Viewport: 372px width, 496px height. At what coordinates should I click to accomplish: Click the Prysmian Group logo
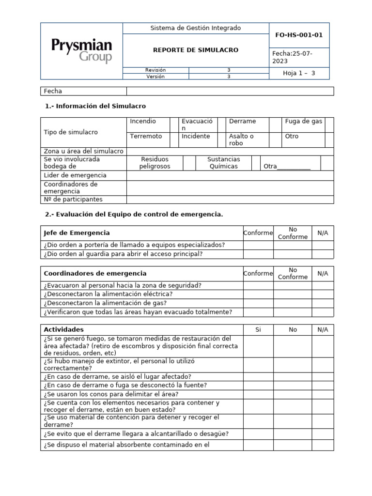[81, 51]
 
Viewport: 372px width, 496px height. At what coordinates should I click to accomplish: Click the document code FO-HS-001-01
[299, 35]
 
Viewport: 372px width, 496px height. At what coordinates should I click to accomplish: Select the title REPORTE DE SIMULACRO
[196, 50]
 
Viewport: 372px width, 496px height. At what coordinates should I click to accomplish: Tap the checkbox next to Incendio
[173, 124]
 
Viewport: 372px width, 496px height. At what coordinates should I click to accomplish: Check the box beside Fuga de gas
[329, 124]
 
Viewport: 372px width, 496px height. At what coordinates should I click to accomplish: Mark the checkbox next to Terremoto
[173, 139]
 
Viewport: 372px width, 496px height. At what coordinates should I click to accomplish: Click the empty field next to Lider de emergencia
[230, 175]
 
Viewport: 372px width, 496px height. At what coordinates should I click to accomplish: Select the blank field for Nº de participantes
[230, 200]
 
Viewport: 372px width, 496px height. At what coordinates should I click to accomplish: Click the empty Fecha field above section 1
[230, 91]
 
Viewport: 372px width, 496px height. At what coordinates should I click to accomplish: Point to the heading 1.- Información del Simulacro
[95, 106]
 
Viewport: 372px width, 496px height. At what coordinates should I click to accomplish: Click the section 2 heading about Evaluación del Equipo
[134, 214]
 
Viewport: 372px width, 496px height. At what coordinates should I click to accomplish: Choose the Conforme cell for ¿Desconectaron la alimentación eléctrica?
[258, 294]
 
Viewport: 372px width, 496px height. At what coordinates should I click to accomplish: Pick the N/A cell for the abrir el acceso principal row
[323, 254]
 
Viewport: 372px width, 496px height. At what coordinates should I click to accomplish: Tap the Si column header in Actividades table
[258, 330]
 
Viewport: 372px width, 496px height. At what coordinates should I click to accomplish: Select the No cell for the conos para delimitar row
[293, 394]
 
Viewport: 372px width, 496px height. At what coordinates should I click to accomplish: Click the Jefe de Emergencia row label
[77, 233]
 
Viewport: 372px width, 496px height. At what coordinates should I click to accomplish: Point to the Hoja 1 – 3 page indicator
[299, 73]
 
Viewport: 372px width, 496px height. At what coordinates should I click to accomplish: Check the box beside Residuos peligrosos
[189, 163]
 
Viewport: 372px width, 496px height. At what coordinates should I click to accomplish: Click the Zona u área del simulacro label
[83, 151]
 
